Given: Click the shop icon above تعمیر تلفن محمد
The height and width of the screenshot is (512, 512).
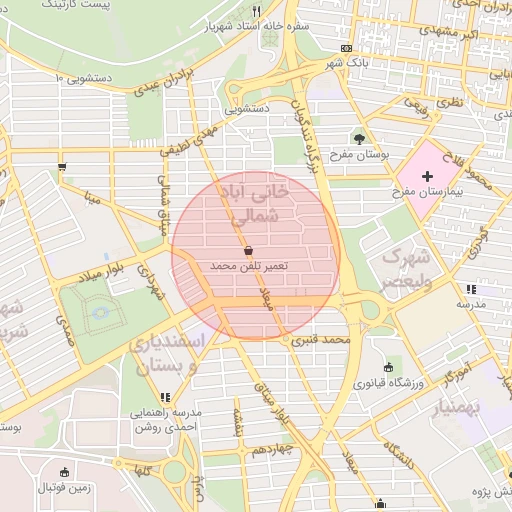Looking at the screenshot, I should [x=248, y=250].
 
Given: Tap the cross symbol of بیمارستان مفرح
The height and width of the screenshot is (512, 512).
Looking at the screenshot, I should [x=428, y=175].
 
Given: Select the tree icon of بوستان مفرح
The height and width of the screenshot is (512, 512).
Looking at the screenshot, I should [x=359, y=138].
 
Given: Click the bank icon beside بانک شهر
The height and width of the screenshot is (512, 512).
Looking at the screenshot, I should [x=346, y=48].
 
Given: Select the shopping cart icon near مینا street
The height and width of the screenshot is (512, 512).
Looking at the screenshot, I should [x=63, y=167].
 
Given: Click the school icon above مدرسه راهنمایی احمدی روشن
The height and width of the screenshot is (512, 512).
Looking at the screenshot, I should [x=165, y=397].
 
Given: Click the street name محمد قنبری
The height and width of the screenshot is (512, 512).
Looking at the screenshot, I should [x=322, y=341].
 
